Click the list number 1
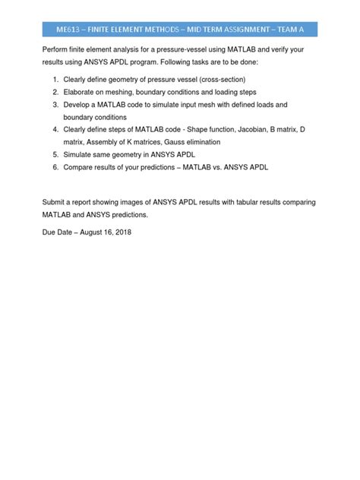(55, 79)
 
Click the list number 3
(55, 103)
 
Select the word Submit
(54, 203)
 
